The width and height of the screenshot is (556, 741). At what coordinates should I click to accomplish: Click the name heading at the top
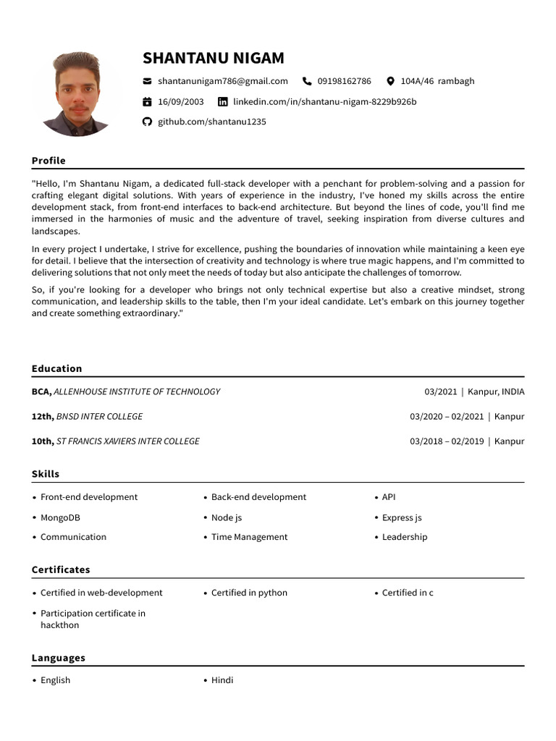click(x=213, y=58)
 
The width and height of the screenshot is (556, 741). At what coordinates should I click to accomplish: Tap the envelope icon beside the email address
click(x=148, y=81)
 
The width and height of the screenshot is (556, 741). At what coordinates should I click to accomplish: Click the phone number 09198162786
click(x=344, y=81)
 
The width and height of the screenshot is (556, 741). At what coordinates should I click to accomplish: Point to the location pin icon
click(x=391, y=81)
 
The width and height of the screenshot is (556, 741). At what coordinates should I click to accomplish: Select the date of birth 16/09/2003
click(x=180, y=101)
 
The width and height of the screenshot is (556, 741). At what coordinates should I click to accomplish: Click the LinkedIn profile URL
click(x=324, y=101)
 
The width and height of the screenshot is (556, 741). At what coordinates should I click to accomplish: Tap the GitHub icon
click(x=148, y=122)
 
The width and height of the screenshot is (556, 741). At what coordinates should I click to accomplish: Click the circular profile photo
click(x=76, y=94)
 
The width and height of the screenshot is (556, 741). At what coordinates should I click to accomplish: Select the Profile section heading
click(x=49, y=161)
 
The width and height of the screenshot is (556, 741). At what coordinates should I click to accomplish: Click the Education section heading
click(x=56, y=368)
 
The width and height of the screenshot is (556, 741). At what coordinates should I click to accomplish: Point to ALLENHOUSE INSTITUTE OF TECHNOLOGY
click(x=138, y=391)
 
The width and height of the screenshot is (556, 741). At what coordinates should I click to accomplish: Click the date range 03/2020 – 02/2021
click(x=447, y=416)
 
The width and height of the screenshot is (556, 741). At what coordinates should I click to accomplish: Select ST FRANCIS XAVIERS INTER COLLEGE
click(x=127, y=441)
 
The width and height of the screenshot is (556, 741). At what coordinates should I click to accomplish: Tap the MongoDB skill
click(x=60, y=517)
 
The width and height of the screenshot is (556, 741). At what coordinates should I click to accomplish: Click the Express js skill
click(x=402, y=517)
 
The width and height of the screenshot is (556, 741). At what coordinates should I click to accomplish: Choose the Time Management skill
click(x=249, y=537)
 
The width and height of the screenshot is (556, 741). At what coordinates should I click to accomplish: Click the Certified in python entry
click(x=249, y=593)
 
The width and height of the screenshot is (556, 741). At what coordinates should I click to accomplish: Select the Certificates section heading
click(x=61, y=569)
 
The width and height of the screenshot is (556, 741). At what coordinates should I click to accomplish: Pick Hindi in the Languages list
click(x=222, y=679)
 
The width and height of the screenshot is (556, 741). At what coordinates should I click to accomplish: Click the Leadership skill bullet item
click(x=404, y=537)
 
